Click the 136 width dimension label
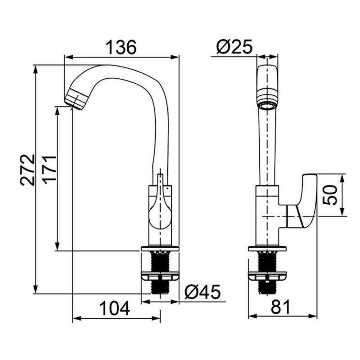pos(121,47)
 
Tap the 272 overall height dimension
pos(27,170)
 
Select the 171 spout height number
pos(49,170)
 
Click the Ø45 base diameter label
pos(202,292)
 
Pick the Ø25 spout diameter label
pos(234,47)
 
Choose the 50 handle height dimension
pos(330,195)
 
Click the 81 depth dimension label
pos(281,307)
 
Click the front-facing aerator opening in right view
pos(267,107)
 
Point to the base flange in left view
pos(160,248)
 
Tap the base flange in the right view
pos(267,249)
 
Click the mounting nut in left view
pos(160,276)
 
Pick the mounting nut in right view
pos(267,276)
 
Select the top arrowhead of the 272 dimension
pos(36,70)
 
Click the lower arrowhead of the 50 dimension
pos(342,212)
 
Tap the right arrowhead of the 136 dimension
pos(175,57)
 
